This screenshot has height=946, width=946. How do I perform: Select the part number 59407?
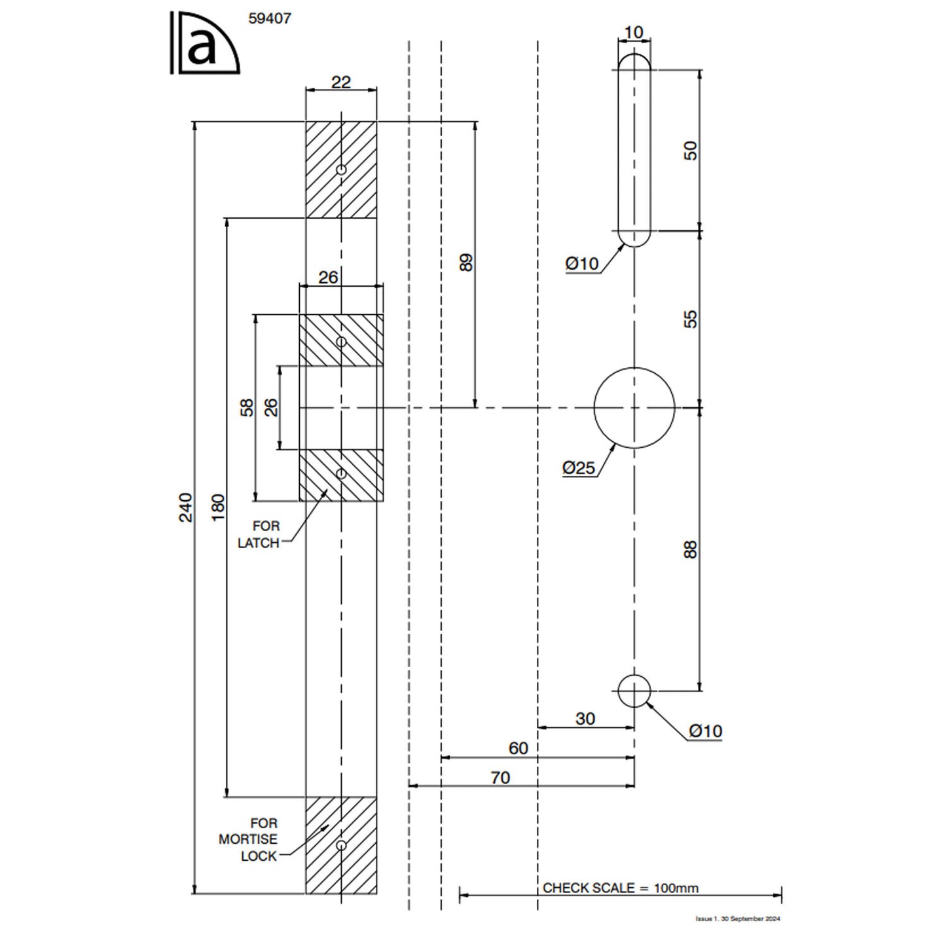point(270,19)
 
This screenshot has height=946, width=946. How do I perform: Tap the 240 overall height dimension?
point(186,507)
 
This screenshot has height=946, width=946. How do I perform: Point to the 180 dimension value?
point(218,507)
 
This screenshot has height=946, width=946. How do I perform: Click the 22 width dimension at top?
point(341,82)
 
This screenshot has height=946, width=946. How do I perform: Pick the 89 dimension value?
point(466,263)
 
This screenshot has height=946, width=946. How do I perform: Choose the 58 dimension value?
point(247,407)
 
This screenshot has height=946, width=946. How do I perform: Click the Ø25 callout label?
point(579,467)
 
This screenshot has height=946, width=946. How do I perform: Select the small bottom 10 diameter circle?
point(634,691)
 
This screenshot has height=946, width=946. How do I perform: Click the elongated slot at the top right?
point(634,150)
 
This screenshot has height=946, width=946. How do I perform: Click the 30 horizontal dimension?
point(585,719)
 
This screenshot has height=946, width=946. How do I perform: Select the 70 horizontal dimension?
point(500,778)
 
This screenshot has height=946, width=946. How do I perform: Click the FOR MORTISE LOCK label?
point(248,839)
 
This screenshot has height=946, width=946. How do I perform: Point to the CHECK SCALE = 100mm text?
point(621,888)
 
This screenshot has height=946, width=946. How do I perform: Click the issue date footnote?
point(738,919)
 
